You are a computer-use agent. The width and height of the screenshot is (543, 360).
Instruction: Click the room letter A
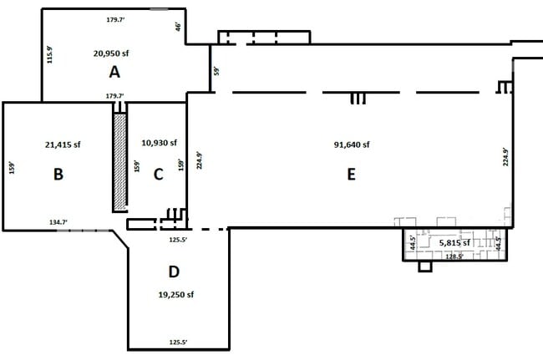point(114,72)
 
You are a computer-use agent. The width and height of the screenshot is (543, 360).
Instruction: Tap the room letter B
point(58,174)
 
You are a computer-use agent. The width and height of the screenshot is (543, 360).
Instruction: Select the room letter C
point(158,174)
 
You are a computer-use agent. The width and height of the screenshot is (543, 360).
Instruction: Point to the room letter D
point(174,271)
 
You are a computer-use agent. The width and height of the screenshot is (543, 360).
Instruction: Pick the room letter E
point(351,174)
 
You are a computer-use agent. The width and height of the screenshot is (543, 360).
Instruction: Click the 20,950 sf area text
point(111,53)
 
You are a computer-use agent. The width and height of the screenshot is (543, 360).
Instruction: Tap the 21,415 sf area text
point(63,145)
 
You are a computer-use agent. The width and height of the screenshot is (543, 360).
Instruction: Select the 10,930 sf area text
point(160,143)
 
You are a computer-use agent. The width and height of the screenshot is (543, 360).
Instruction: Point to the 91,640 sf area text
point(352,145)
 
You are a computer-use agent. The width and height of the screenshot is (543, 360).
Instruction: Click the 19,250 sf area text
point(176,295)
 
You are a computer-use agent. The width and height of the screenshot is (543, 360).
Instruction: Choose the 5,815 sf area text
point(454,243)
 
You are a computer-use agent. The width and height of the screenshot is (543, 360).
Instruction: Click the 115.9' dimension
point(50,54)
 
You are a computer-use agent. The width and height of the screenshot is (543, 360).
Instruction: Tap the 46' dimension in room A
point(178,27)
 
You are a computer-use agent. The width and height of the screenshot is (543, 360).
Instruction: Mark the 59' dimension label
point(216,71)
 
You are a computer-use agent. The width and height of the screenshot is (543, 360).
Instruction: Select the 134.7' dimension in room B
point(58,222)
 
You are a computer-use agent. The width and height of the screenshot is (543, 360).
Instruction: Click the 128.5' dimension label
point(454,256)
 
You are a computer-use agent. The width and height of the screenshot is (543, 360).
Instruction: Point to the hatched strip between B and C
point(119,162)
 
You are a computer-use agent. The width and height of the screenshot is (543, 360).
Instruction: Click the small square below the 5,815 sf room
point(425,266)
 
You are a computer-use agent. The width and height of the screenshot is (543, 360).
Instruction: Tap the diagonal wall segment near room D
point(120,239)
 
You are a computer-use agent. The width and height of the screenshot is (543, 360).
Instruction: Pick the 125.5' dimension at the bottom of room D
point(178,342)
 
